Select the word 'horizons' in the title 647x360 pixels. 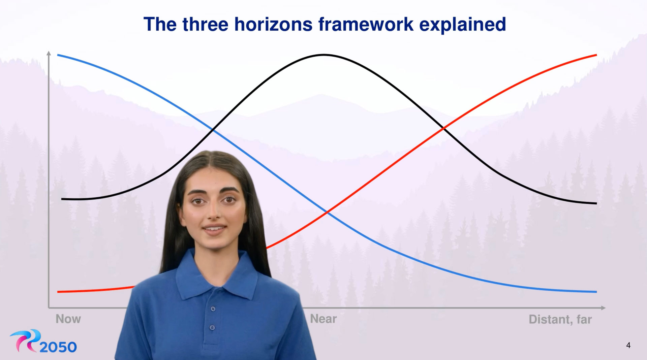pyautogui.click(x=273, y=24)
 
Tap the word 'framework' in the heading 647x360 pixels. pyautogui.click(x=366, y=24)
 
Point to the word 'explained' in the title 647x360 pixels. pyautogui.click(x=462, y=24)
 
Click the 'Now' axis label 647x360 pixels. pyautogui.click(x=68, y=319)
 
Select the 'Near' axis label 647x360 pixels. pyautogui.click(x=323, y=319)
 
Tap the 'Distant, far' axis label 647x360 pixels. pyautogui.click(x=560, y=319)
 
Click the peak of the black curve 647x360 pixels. pyautogui.click(x=323, y=55)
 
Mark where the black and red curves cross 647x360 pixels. pyautogui.click(x=444, y=128)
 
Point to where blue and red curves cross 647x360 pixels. pyautogui.click(x=327, y=212)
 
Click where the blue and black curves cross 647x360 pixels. pyautogui.click(x=212, y=129)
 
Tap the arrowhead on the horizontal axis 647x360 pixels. pyautogui.click(x=603, y=307)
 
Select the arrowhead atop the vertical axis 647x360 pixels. pyautogui.click(x=49, y=53)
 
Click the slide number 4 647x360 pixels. pyautogui.click(x=628, y=345)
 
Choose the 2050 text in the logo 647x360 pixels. pyautogui.click(x=58, y=347)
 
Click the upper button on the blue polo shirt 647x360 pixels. pyautogui.click(x=213, y=309)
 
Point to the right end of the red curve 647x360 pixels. pyautogui.click(x=596, y=55)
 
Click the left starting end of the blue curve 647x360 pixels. pyautogui.click(x=58, y=55)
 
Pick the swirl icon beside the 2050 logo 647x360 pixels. pyautogui.click(x=25, y=340)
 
